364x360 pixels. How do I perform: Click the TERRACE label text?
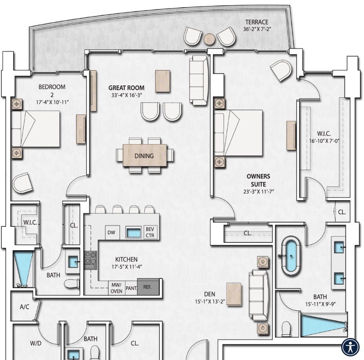tap(257, 22)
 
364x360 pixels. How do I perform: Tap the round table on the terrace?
tap(209, 38)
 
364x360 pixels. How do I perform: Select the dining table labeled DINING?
tap(144, 155)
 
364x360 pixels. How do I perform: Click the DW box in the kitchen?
tap(112, 232)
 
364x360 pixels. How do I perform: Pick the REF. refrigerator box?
tap(148, 287)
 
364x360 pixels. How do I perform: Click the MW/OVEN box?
tap(117, 288)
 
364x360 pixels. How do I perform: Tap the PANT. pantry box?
tap(131, 288)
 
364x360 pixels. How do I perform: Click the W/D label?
tap(36, 343)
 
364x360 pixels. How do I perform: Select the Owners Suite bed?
tap(238, 133)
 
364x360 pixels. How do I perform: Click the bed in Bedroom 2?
tap(35, 129)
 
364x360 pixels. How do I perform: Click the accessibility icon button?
tap(350, 347)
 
